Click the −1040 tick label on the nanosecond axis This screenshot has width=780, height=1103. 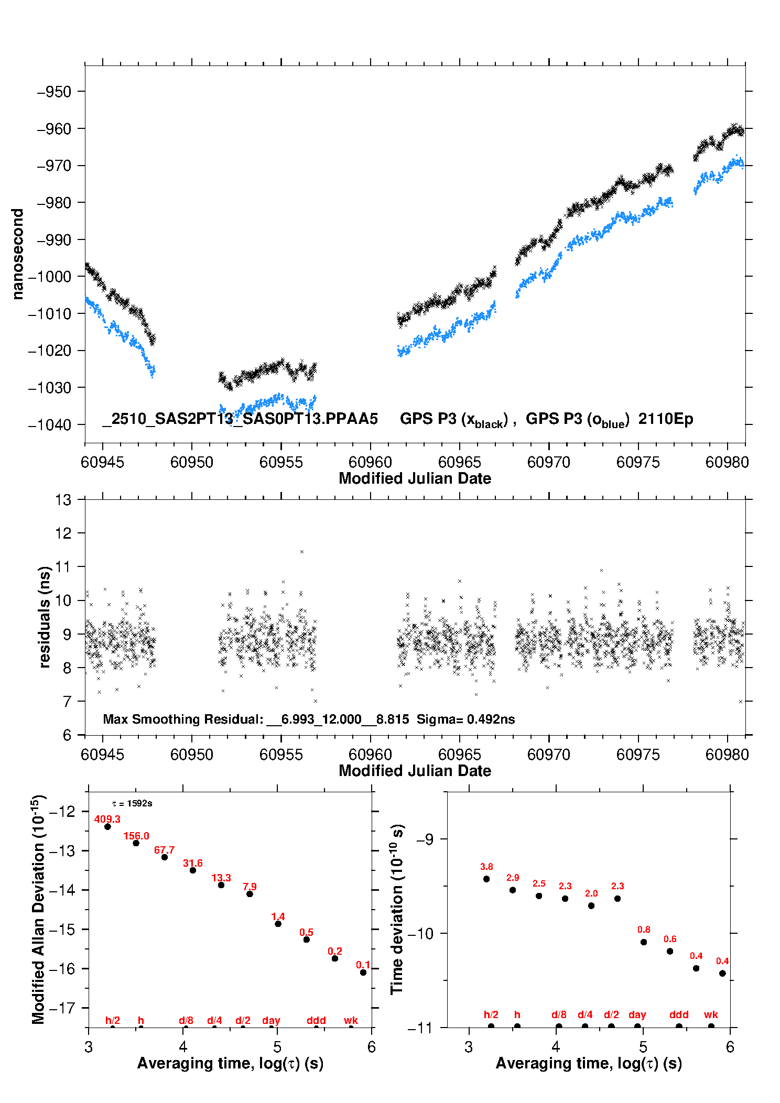click(x=49, y=425)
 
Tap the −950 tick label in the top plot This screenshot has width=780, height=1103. click(x=53, y=92)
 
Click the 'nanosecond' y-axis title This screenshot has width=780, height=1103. click(x=18, y=254)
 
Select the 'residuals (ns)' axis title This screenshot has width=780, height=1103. click(x=45, y=617)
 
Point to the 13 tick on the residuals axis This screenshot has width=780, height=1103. click(x=63, y=500)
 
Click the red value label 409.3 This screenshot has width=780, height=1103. click(x=107, y=819)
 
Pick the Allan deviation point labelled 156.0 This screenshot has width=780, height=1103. click(x=136, y=843)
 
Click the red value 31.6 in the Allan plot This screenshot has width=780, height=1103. click(x=192, y=863)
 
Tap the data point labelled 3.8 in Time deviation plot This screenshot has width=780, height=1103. click(x=486, y=879)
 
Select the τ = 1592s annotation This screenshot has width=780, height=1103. click(x=132, y=803)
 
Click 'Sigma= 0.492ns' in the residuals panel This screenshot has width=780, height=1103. click(x=465, y=719)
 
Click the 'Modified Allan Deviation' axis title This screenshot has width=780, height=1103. click(x=38, y=909)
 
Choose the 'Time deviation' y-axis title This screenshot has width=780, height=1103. click(x=397, y=909)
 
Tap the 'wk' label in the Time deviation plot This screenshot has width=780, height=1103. click(x=711, y=1015)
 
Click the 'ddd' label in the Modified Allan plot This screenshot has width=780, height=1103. click(x=316, y=1020)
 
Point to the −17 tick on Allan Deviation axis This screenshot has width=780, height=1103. click(x=62, y=1008)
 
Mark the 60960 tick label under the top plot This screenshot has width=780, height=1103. click(x=370, y=462)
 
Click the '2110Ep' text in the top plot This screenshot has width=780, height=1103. click(x=666, y=419)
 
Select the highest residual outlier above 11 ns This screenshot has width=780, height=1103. click(x=302, y=552)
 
